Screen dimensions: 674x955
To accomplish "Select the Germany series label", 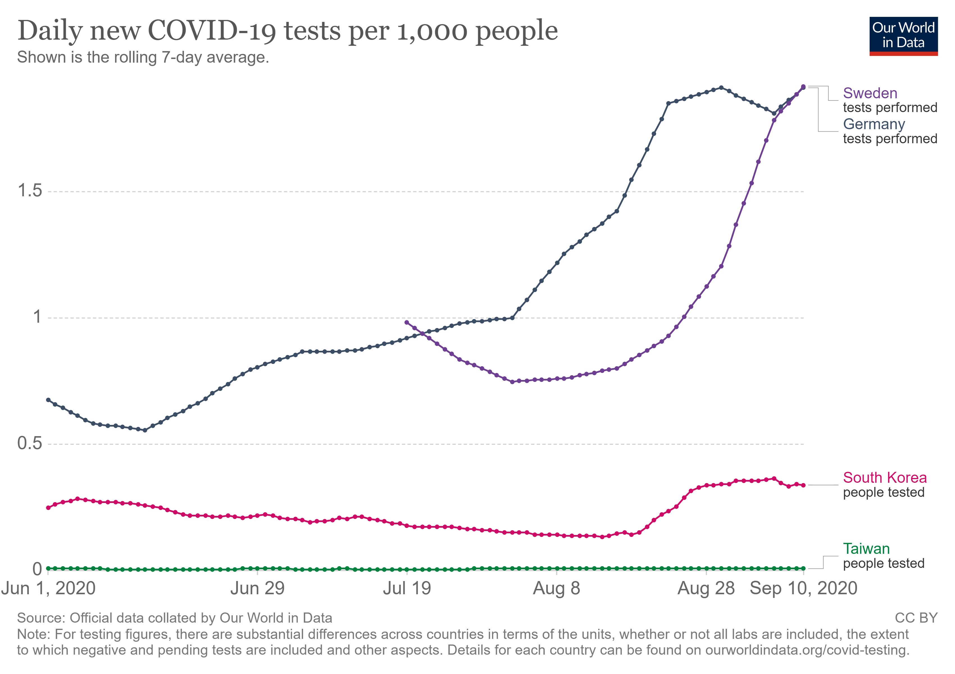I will (x=874, y=124).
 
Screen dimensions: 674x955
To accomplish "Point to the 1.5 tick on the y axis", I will (x=30, y=191).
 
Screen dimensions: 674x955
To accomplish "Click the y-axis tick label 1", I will (x=37, y=317).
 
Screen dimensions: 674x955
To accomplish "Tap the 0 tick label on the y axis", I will (x=37, y=569).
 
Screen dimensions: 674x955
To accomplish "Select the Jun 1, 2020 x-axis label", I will (x=48, y=589).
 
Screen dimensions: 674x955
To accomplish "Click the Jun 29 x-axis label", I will (x=258, y=589).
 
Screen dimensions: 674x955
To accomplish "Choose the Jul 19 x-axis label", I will (x=407, y=589).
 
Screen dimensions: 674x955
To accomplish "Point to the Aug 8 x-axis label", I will (x=556, y=589).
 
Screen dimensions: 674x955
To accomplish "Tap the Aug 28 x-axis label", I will (x=706, y=589).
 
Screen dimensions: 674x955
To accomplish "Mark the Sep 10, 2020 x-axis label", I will (x=803, y=589).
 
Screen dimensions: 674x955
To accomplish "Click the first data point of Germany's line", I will (x=48, y=400).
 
